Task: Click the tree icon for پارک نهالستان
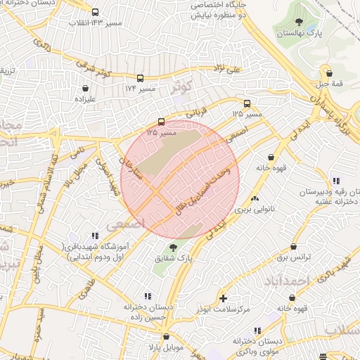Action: click(x=300, y=22)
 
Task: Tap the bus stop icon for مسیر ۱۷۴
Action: click(x=141, y=79)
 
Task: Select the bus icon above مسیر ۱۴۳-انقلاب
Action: click(x=96, y=12)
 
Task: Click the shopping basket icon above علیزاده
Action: click(x=86, y=89)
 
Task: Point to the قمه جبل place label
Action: click(x=328, y=84)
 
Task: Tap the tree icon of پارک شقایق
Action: click(x=173, y=248)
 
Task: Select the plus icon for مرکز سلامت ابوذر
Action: click(x=224, y=298)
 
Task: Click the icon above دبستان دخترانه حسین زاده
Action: click(x=148, y=296)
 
